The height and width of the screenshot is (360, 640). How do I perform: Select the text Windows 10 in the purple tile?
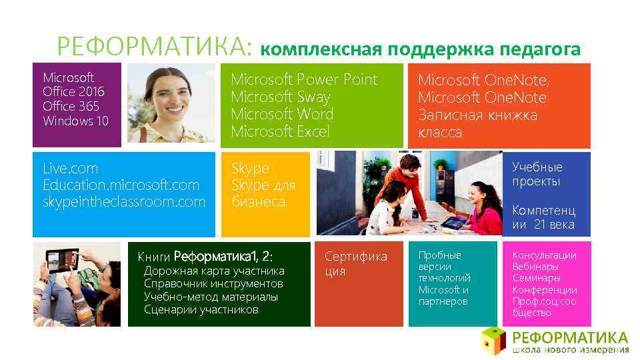point(75,121)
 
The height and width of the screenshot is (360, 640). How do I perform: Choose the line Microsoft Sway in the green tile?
point(280,97)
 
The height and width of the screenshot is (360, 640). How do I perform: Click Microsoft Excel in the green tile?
point(280,131)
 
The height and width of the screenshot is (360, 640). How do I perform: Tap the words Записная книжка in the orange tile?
point(477,115)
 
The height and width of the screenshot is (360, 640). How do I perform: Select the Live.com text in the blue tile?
point(70,168)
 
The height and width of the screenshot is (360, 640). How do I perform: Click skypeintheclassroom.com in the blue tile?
point(124,201)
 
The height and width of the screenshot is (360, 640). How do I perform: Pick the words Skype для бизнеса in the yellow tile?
point(263,193)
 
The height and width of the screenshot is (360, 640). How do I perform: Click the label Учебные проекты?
point(537,174)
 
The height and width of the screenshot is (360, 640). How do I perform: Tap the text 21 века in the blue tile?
point(553,225)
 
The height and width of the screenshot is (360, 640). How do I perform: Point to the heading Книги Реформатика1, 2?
point(205,256)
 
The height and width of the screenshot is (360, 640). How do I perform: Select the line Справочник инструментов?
point(213,283)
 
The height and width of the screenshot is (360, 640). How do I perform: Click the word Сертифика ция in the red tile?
point(355,263)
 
